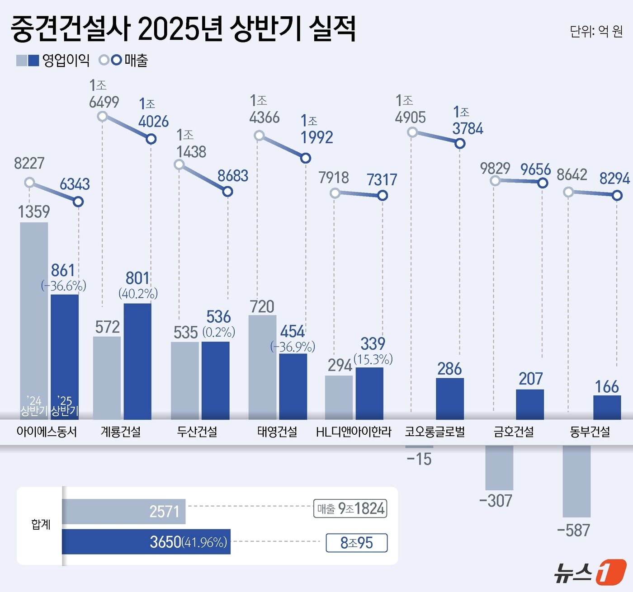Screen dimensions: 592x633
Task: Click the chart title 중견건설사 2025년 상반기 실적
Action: (183, 28)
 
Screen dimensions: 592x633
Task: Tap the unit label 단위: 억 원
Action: (596, 31)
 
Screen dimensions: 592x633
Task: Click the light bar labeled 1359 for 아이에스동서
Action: (34, 316)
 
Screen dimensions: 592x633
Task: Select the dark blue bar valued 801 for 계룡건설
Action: (137, 362)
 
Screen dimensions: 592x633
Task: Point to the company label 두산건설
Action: (197, 432)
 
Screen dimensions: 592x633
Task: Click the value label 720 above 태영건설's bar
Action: (262, 306)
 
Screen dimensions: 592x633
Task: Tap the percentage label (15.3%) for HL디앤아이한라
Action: (373, 359)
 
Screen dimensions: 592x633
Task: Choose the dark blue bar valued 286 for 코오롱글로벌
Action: (449, 399)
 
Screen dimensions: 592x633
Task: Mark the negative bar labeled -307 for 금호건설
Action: (499, 467)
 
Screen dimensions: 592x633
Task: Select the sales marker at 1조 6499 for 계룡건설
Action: (103, 117)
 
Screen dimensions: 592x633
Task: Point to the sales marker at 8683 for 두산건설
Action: (228, 192)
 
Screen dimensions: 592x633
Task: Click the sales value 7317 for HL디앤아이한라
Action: (382, 180)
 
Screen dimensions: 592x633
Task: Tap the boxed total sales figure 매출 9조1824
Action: (350, 509)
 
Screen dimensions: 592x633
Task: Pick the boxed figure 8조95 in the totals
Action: (356, 543)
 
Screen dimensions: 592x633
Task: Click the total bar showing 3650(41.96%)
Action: (146, 541)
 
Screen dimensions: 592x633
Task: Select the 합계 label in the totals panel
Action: (41, 524)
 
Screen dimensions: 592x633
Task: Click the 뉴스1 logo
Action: (590, 572)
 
